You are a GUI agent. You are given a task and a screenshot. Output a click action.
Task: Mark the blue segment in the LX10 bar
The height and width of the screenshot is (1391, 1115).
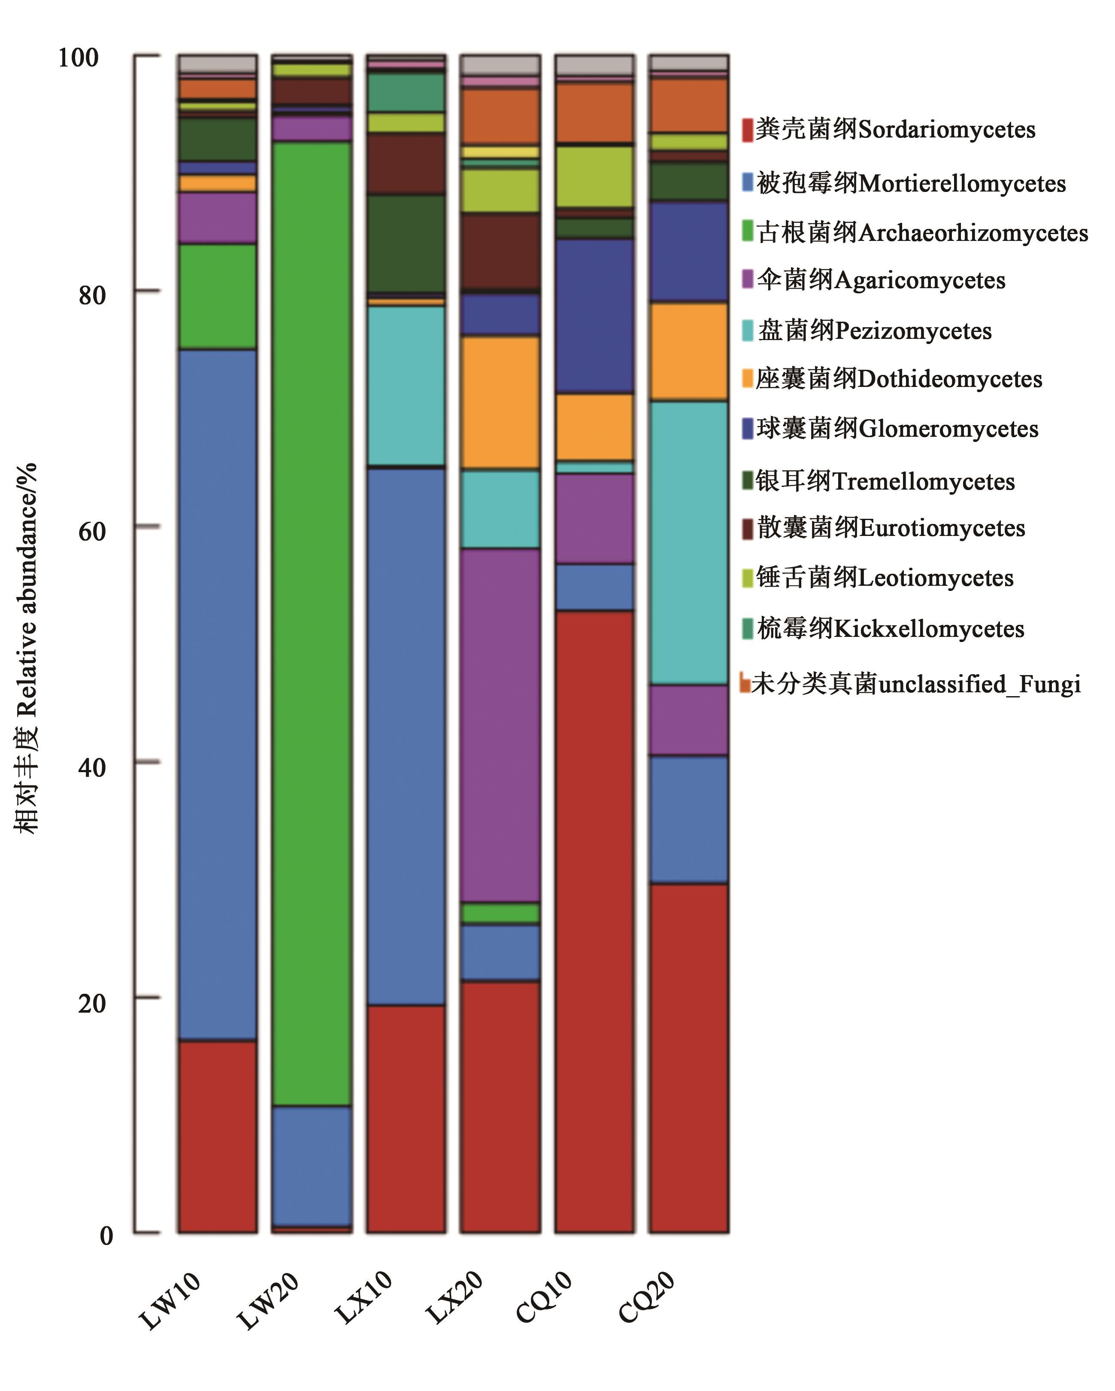coord(406,736)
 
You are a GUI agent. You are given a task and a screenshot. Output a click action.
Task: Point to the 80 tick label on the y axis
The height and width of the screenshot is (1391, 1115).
coord(91,295)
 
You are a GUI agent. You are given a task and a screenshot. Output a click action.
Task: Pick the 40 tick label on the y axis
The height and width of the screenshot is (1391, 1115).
coord(91,767)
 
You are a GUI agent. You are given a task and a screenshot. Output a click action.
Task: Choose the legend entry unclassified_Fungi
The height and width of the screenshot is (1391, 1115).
coord(916,684)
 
